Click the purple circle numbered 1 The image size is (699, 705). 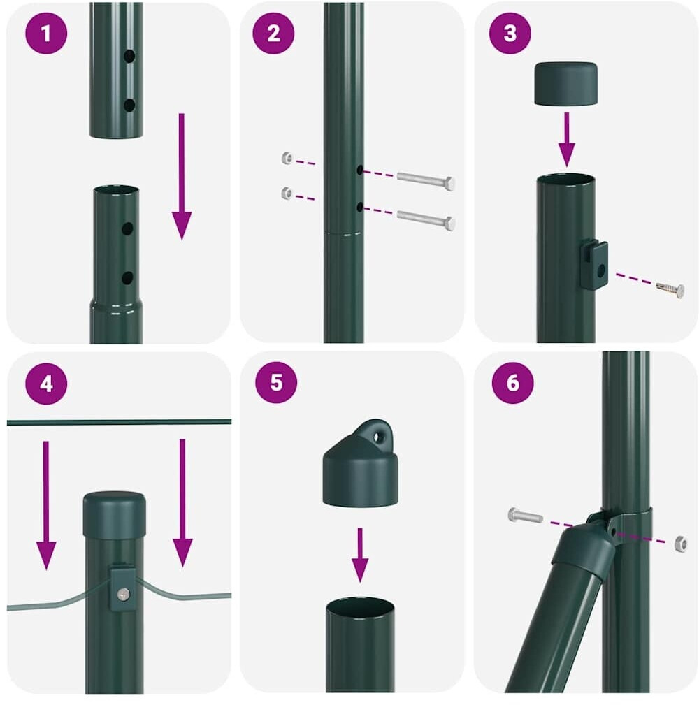(46, 34)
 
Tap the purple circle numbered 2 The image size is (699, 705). (273, 34)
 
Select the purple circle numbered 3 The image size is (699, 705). (510, 34)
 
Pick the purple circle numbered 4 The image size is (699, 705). (46, 384)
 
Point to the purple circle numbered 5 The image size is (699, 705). (276, 382)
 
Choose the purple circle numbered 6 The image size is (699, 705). (513, 383)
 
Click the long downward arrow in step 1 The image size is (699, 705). (182, 176)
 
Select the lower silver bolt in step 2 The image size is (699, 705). (426, 219)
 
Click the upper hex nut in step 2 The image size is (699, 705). (287, 158)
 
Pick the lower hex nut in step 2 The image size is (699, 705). (287, 193)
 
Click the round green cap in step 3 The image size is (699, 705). (566, 84)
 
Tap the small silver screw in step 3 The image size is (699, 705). (670, 289)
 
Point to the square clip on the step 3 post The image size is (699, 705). (593, 266)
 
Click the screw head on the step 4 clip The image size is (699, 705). (123, 595)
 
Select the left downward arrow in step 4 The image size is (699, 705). (46, 505)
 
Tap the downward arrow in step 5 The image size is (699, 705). (360, 555)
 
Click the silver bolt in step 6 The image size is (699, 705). (526, 515)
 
